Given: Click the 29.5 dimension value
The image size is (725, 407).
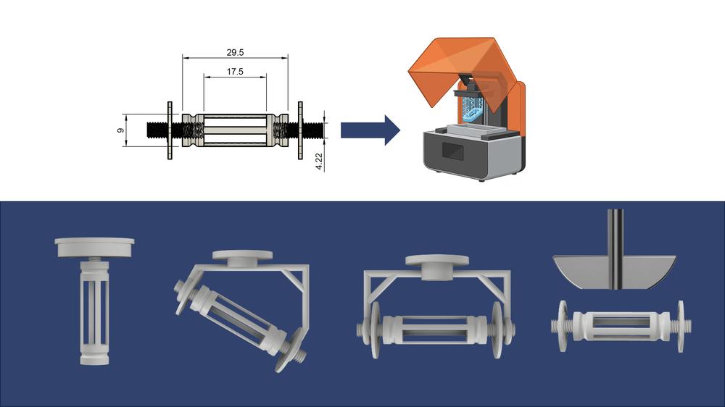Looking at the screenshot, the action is pos(235,53).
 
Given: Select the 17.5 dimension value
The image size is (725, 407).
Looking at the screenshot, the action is pos(235,72).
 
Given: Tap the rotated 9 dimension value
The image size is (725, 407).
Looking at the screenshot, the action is pos(120,131).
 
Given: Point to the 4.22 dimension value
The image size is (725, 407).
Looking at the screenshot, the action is pos(319,161).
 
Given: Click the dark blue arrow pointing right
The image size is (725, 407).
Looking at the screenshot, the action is pos(370,130).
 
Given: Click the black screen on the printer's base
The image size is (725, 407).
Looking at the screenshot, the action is pos(454,151).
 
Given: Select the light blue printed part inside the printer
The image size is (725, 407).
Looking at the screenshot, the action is pos(473,110).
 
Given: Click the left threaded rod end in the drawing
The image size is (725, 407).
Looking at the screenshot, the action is pos(157,130).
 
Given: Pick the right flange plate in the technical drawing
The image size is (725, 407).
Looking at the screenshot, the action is pos(301,130).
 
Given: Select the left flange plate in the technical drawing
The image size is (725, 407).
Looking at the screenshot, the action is pos(170,130).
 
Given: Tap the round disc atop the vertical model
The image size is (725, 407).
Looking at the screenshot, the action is pos(94,247).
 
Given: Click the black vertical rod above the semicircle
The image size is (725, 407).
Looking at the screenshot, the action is pos(616,249).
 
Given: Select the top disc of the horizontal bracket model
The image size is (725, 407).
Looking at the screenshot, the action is pos(437,265).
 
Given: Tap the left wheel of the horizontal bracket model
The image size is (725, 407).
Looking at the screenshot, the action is pos(375,330).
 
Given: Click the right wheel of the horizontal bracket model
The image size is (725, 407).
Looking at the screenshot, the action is pos(497,330).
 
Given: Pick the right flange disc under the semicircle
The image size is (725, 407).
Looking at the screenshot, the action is pos(681,326).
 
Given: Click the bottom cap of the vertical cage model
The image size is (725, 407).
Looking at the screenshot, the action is pos(94,359).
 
